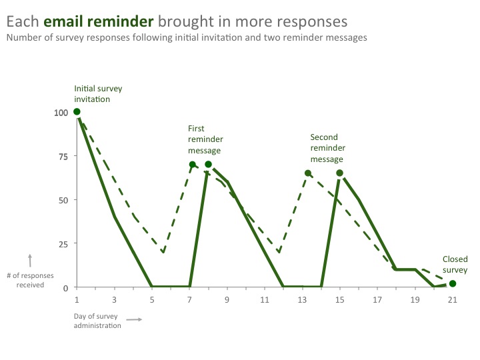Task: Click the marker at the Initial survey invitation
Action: point(77,112)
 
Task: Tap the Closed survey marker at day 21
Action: point(453,283)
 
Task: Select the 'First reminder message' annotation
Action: point(205,139)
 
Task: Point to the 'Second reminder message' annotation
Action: point(327,149)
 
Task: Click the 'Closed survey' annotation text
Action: point(455,265)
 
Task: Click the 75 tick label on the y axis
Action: point(63,156)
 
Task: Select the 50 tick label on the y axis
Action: point(63,200)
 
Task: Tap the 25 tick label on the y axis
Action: point(63,244)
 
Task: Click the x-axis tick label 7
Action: point(190,300)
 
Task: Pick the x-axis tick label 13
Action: point(302,300)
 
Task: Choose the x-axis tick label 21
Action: point(453,300)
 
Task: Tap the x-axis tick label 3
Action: point(115,300)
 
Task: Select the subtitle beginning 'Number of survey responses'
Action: point(186,38)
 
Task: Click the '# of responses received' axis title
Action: point(30,280)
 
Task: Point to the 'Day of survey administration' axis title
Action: point(97,321)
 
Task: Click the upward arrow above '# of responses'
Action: point(30,260)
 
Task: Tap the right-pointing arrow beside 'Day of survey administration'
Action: point(134,320)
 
